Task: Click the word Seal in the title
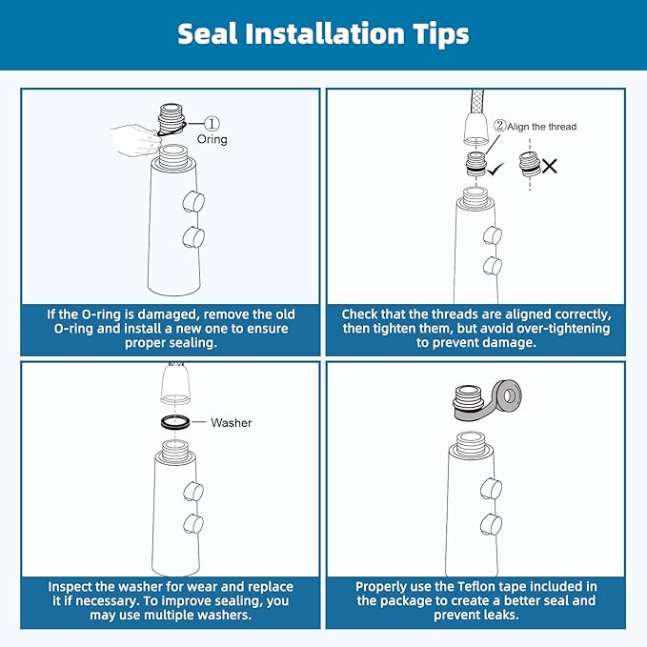(x=208, y=33)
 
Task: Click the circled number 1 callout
(x=212, y=123)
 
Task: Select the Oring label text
(x=212, y=139)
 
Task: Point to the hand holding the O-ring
(x=136, y=139)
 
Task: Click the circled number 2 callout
(x=500, y=125)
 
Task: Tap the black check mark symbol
(x=495, y=168)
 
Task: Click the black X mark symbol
(x=550, y=166)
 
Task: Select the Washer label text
(x=231, y=422)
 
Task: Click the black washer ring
(x=175, y=422)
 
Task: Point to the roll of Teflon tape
(x=507, y=397)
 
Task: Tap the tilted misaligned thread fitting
(x=530, y=164)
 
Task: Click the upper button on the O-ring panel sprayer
(x=193, y=201)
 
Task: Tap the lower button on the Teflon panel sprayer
(x=492, y=524)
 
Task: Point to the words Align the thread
(x=542, y=127)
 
